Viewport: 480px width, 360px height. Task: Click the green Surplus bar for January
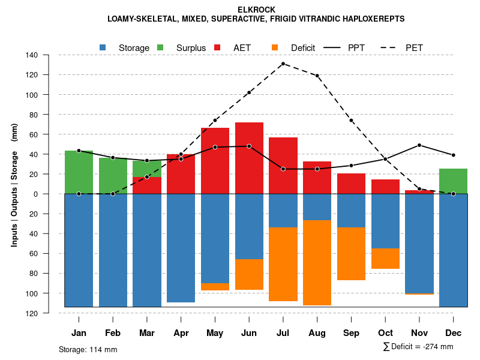tap(79, 172)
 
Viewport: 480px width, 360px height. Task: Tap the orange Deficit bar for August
tap(317, 263)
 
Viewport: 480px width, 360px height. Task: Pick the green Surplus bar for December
tap(453, 181)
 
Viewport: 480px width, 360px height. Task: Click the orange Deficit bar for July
tap(283, 264)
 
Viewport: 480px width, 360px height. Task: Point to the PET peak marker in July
tap(283, 64)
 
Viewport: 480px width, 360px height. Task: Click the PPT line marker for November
tap(419, 145)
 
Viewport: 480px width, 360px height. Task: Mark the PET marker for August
tap(317, 76)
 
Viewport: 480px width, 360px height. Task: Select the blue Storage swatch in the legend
tap(103, 47)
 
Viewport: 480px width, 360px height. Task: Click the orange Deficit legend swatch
tap(275, 47)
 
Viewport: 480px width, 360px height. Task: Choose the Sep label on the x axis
tap(352, 333)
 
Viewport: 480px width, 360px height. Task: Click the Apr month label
tap(181, 333)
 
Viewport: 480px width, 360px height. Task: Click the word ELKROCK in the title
tap(256, 10)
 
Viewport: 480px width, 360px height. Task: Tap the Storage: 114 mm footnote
tap(88, 349)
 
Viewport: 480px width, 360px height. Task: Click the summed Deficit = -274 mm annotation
tap(418, 347)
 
